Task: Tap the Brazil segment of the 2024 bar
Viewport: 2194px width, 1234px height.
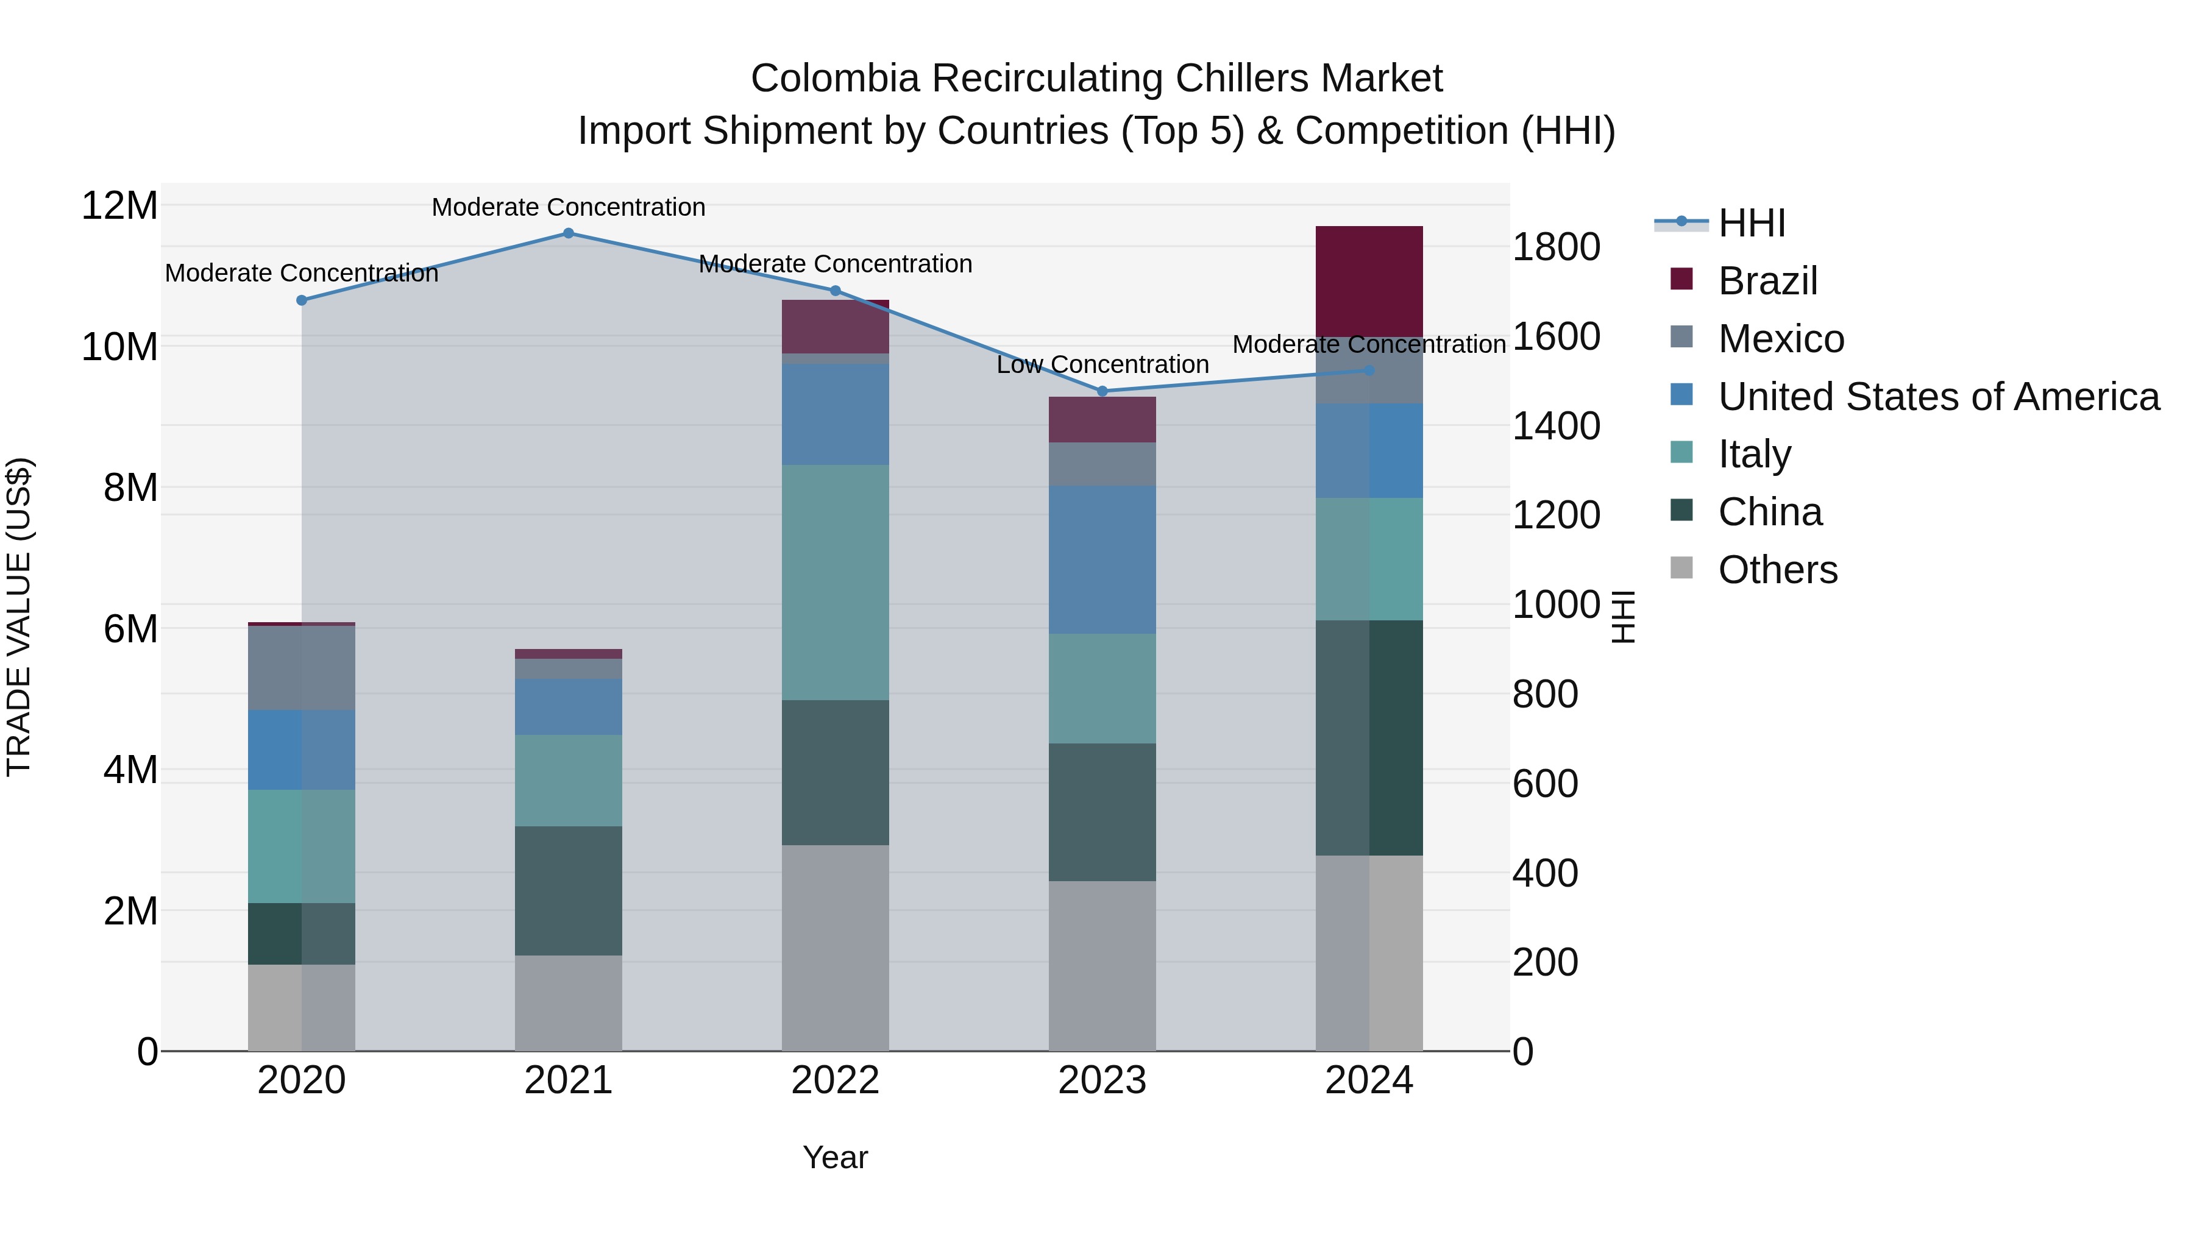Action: click(x=1369, y=281)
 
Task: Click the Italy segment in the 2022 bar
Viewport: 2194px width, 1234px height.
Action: click(x=835, y=583)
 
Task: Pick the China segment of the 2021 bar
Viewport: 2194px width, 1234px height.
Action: click(x=568, y=891)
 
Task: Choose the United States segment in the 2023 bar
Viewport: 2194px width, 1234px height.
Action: click(x=1102, y=559)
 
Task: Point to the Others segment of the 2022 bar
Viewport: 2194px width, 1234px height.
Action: click(x=835, y=948)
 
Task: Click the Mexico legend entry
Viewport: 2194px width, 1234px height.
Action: click(x=1780, y=339)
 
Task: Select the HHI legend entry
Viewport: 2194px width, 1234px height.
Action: click(x=1751, y=223)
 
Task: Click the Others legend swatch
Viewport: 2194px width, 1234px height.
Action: click(x=1681, y=567)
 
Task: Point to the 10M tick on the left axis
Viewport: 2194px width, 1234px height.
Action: click(x=119, y=347)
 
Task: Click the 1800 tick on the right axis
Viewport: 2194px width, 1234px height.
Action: click(x=1556, y=248)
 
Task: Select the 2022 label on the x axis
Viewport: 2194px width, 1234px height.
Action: click(x=835, y=1080)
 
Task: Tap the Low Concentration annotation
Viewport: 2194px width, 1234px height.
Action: click(x=1102, y=364)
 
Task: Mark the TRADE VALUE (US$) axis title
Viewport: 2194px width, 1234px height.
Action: click(x=19, y=617)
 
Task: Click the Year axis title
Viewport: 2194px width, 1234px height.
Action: click(x=835, y=1157)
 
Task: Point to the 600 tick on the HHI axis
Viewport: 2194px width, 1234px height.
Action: click(x=1545, y=784)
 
